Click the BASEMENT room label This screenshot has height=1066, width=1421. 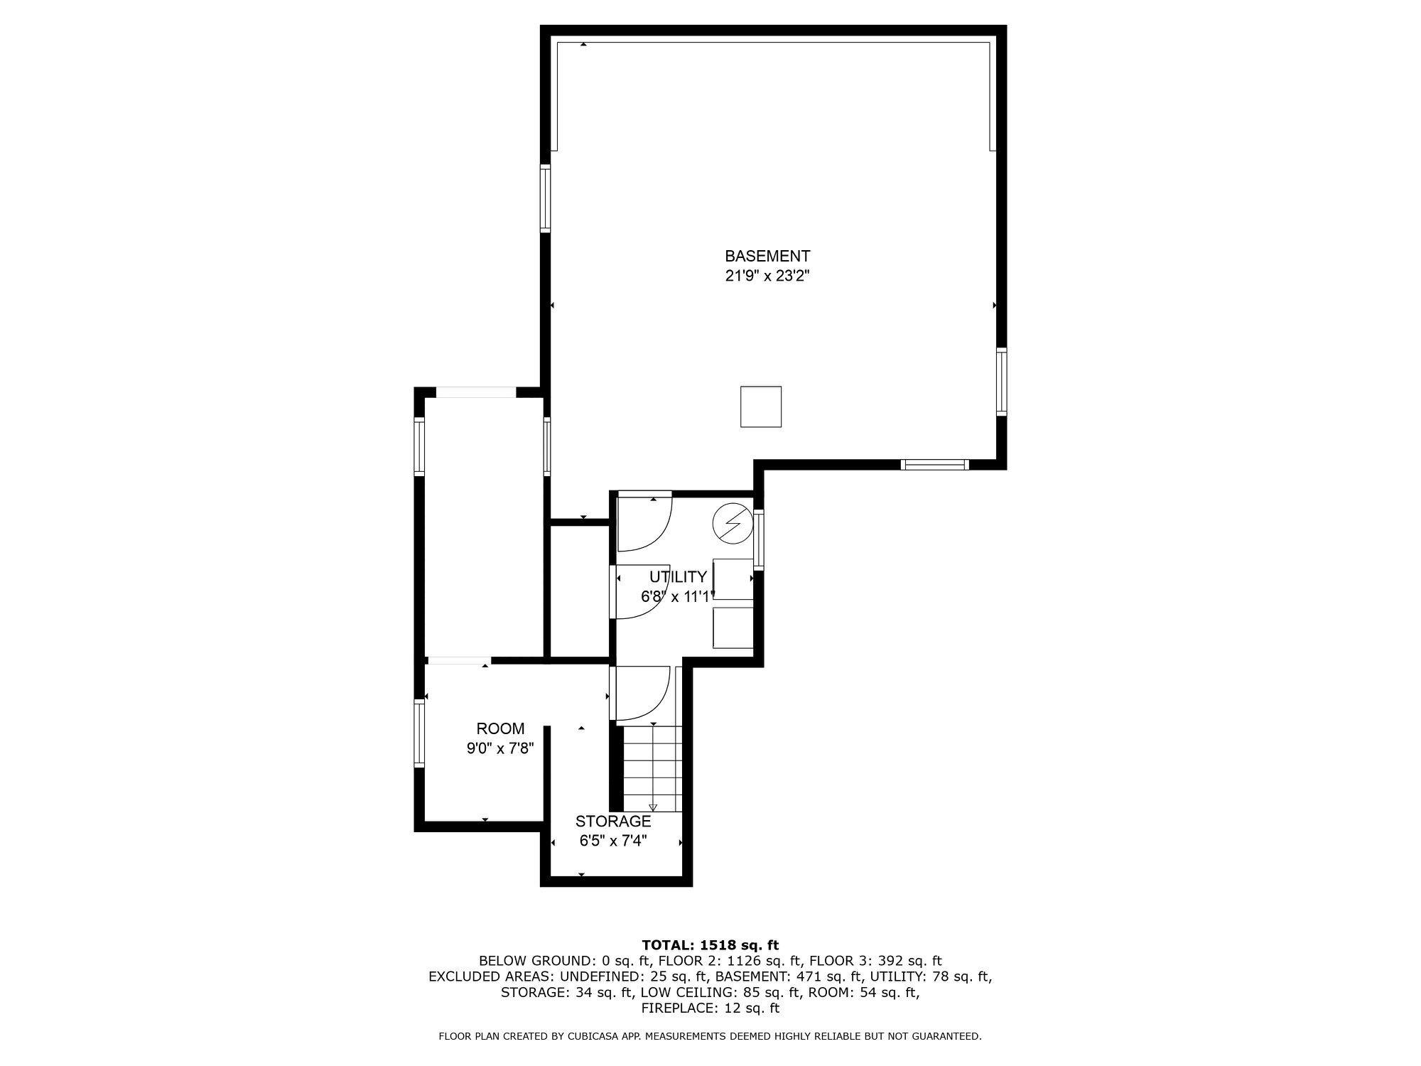point(767,256)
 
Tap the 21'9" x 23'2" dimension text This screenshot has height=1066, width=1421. point(767,276)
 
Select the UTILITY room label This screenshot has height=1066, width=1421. point(678,576)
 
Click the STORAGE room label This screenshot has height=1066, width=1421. point(612,822)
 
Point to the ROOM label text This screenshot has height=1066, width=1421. point(500,728)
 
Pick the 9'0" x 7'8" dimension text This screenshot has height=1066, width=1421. point(500,748)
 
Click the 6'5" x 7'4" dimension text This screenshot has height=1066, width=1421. point(612,841)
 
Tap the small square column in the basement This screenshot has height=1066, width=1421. point(761,407)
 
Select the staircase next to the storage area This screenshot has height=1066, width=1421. point(652,768)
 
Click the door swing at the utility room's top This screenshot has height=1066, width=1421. point(644,522)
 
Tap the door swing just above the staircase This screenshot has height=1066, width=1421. point(642,693)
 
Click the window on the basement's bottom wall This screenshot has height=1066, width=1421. point(934,465)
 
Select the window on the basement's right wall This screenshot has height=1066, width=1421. point(1001,381)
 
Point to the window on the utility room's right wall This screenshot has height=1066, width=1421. point(759,540)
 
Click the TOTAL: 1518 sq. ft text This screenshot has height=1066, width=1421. point(710,945)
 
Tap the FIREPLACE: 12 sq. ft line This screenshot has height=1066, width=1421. point(710,1008)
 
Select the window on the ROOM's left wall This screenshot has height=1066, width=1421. point(419,733)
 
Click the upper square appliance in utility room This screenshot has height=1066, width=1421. point(733,579)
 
